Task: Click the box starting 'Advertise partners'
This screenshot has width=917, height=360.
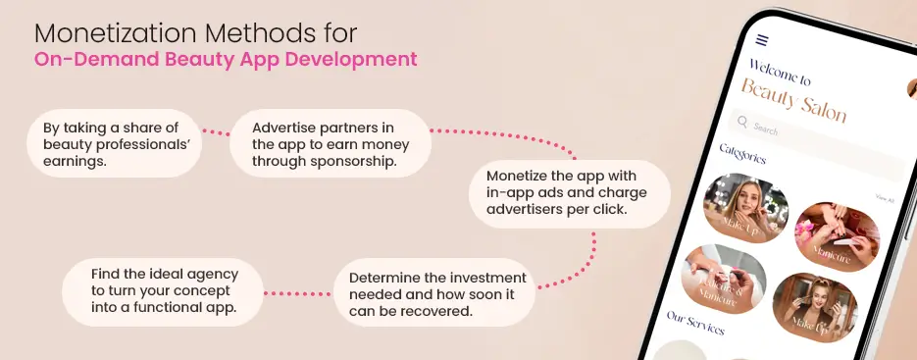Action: click(331, 143)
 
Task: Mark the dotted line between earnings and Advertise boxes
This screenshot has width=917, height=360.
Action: click(215, 132)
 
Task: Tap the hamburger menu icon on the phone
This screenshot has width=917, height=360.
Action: click(762, 40)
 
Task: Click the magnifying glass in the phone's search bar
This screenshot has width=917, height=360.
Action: click(743, 123)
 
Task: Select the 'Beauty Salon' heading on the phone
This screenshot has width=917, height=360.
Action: click(792, 100)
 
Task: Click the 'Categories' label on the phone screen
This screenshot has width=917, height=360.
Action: click(742, 154)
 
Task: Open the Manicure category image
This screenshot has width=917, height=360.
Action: click(837, 234)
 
